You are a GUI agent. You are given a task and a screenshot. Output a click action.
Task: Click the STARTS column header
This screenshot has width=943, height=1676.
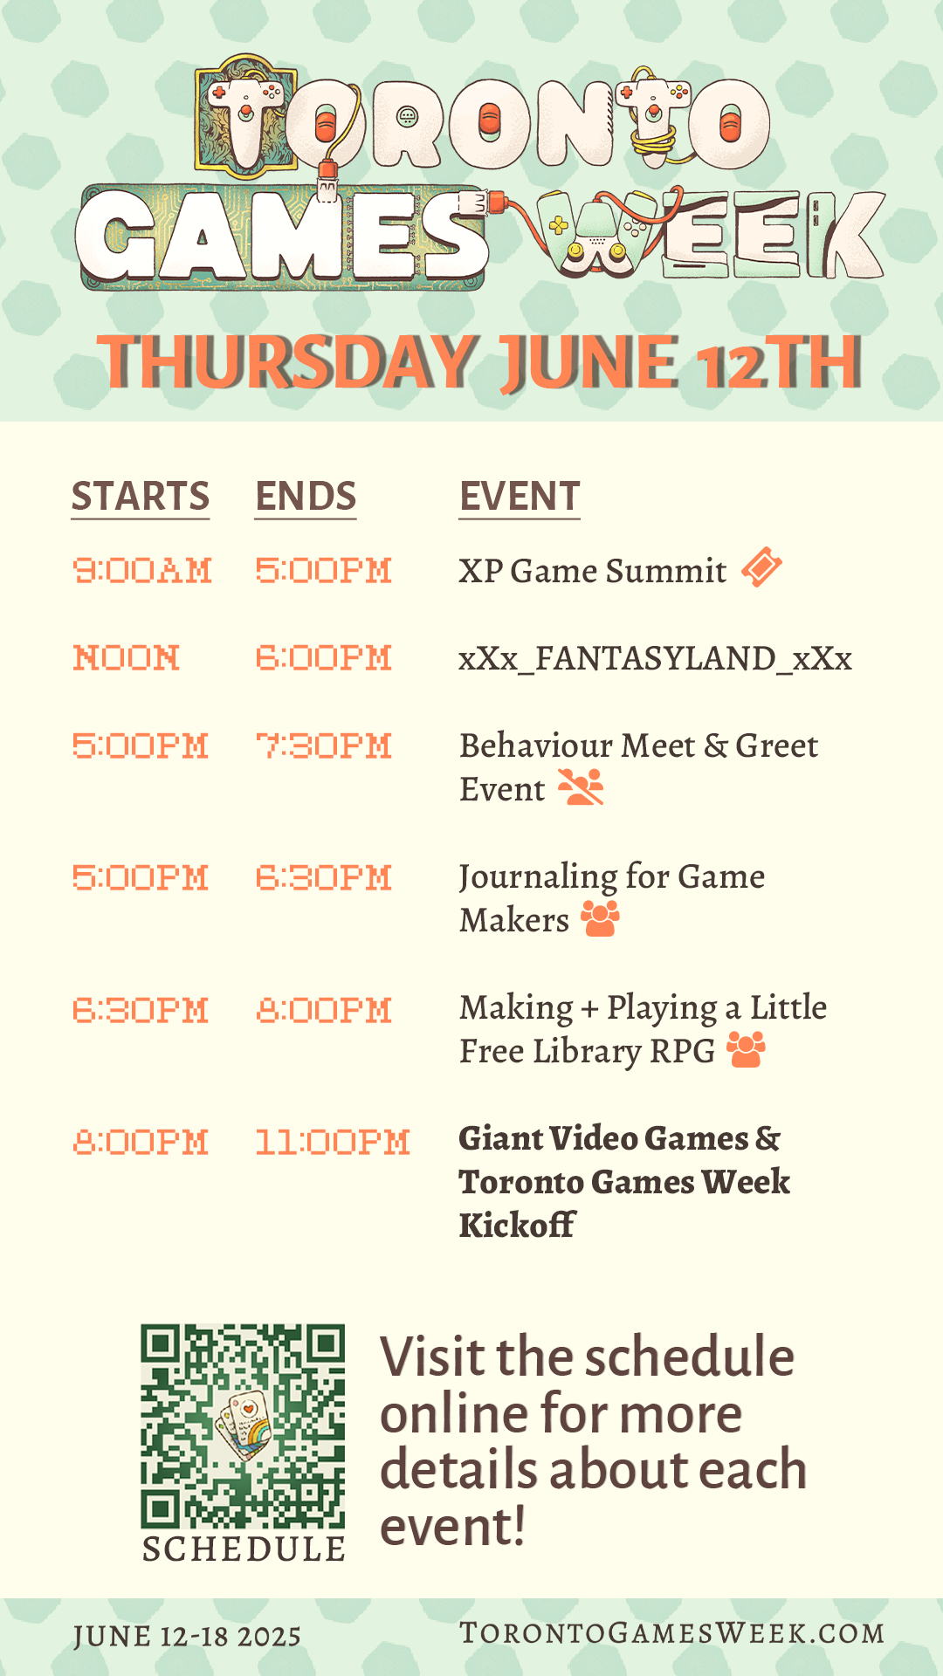[x=141, y=497]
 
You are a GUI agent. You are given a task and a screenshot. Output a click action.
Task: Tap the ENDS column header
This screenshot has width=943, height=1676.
[x=306, y=497]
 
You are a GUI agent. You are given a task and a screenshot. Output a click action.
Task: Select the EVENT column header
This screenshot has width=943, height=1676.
[x=520, y=497]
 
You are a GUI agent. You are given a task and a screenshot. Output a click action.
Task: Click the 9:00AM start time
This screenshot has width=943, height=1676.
[x=142, y=571]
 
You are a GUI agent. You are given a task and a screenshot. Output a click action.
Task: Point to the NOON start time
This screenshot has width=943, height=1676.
[x=127, y=658]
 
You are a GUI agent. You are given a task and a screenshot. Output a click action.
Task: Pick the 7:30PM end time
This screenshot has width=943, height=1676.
[x=323, y=746]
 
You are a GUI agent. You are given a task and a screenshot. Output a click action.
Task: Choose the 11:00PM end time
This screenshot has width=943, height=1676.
[x=333, y=1142]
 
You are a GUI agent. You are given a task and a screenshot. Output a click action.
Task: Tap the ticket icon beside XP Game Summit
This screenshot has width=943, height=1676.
[x=761, y=567]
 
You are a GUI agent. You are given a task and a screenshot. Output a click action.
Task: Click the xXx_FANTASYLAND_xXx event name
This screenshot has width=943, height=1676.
[x=656, y=658]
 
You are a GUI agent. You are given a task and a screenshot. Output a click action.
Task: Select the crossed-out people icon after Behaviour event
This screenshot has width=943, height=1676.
[x=581, y=787]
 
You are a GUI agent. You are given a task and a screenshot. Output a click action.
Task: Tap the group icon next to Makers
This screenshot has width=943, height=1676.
[x=601, y=918]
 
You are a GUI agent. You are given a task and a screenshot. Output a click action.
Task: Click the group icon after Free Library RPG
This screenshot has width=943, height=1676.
[x=747, y=1049]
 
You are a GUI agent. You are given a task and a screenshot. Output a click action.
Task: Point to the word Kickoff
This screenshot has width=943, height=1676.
[x=517, y=1226]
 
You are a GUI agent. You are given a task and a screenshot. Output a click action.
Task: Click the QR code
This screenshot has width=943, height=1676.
[x=243, y=1426]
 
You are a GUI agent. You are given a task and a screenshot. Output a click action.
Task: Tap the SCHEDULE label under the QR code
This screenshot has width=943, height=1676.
[x=244, y=1549]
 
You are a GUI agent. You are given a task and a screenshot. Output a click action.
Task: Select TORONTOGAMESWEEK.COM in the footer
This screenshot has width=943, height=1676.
[x=672, y=1633]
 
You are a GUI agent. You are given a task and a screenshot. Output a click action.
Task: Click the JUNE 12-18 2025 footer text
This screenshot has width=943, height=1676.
[x=187, y=1637]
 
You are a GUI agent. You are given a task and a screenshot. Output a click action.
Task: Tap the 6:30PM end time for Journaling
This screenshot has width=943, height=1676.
[x=323, y=878]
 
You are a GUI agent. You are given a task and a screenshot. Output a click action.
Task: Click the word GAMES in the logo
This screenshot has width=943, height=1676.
[x=281, y=237]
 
